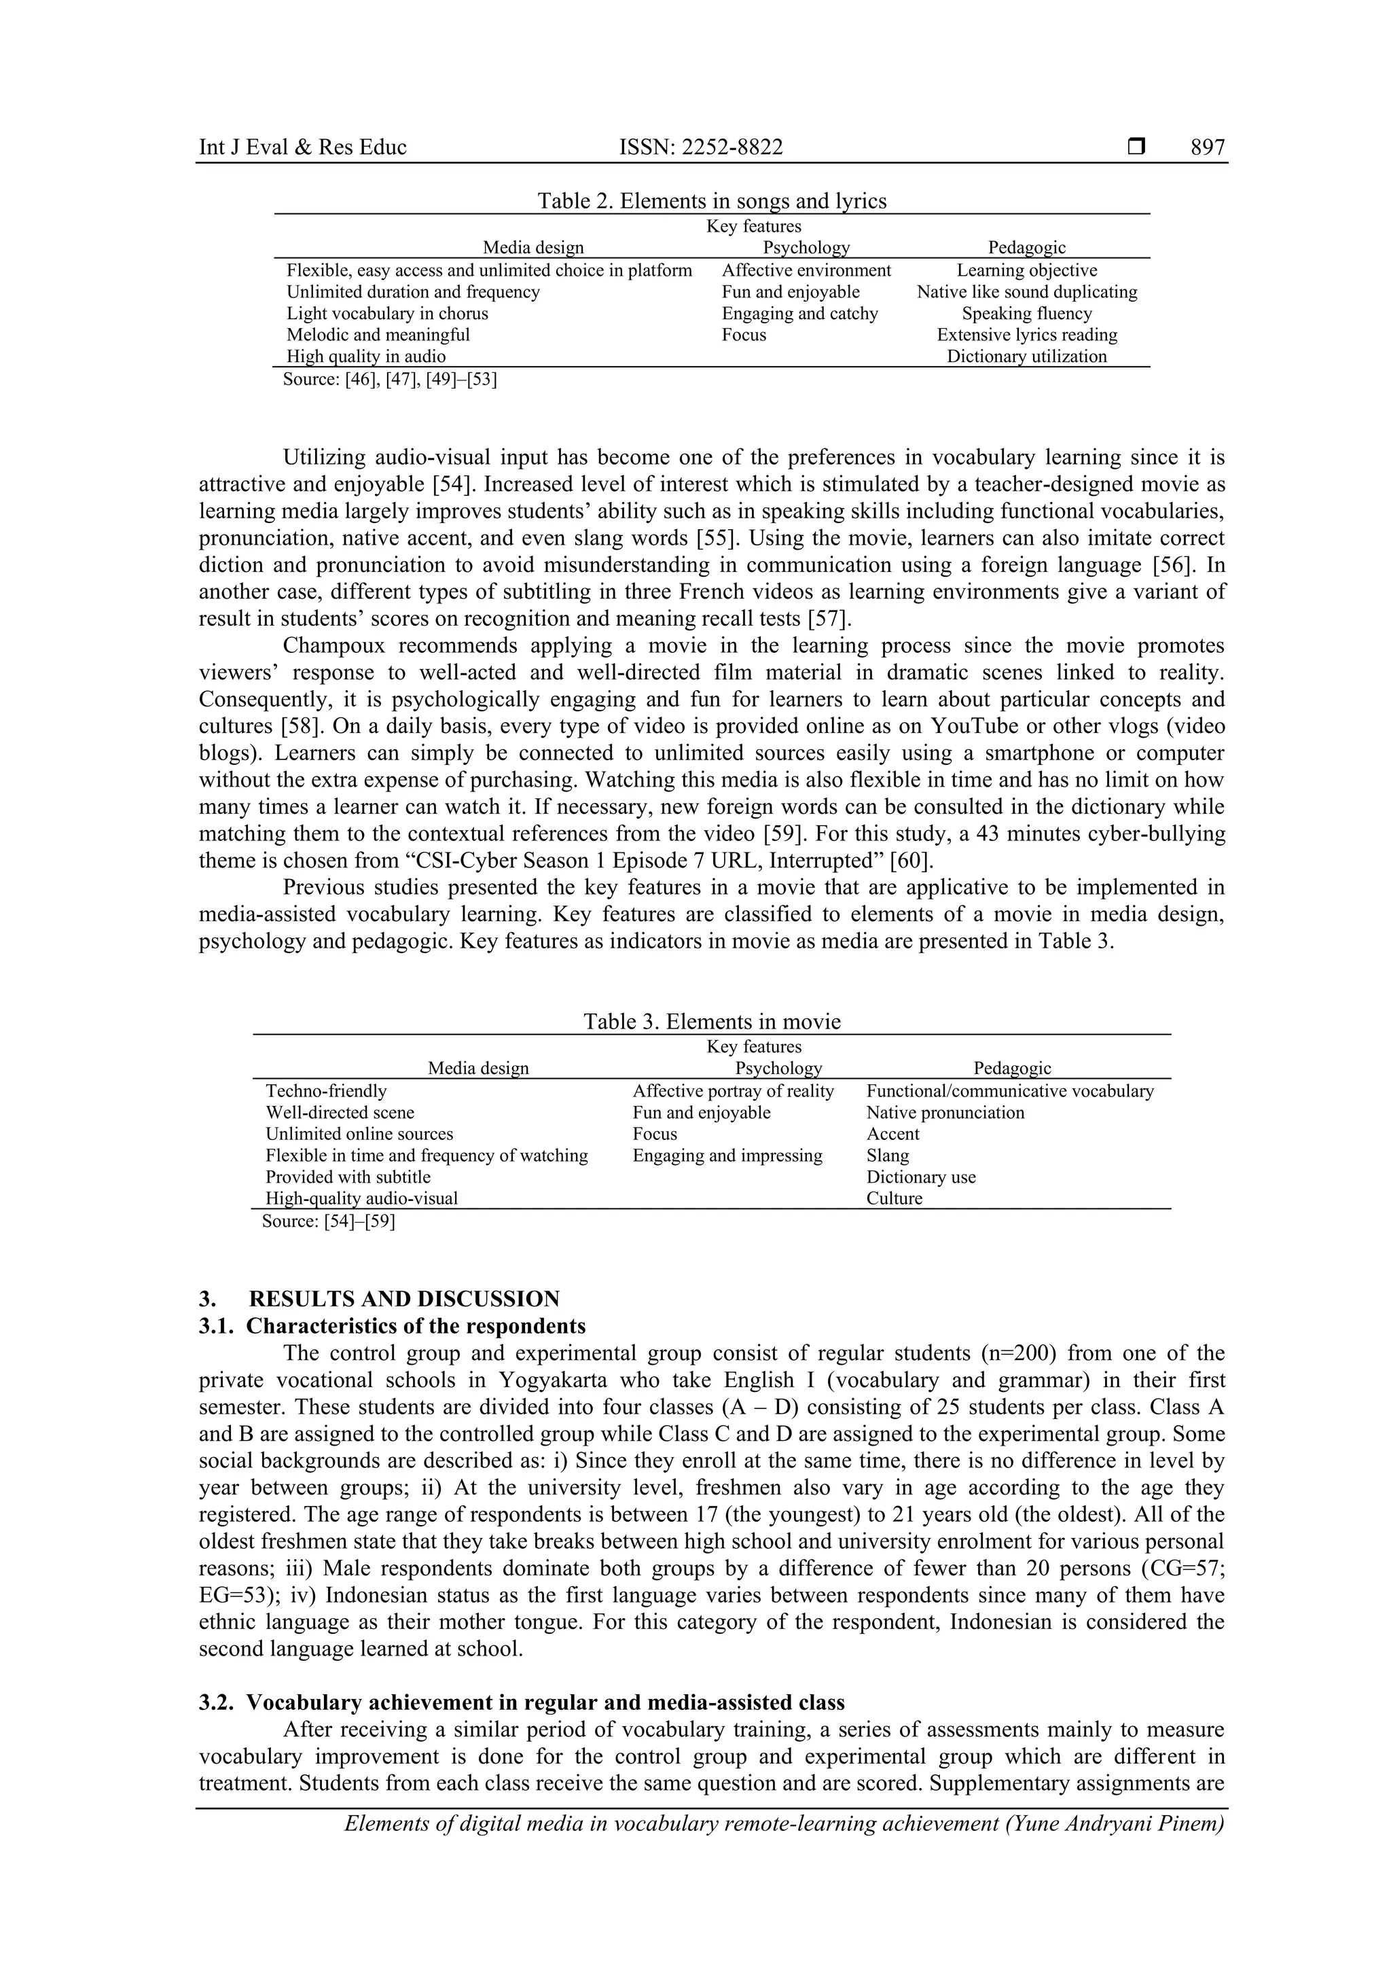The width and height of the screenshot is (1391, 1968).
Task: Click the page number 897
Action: pos(1208,147)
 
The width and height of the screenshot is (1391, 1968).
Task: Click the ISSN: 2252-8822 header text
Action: pos(700,147)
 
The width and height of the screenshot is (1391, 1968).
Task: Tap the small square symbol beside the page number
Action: pos(1136,147)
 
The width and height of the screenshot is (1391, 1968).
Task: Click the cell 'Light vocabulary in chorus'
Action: pos(386,314)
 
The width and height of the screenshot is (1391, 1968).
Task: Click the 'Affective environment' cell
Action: pos(806,271)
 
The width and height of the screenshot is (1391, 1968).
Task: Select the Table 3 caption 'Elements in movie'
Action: pos(711,1022)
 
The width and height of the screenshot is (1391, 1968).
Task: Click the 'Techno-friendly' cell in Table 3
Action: pos(326,1091)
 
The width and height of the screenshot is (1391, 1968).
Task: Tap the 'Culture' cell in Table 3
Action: pos(894,1198)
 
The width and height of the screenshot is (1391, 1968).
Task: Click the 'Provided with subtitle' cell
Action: pos(348,1177)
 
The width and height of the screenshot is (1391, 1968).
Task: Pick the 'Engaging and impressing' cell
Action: pos(727,1156)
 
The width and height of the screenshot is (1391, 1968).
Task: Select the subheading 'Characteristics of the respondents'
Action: pos(416,1326)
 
